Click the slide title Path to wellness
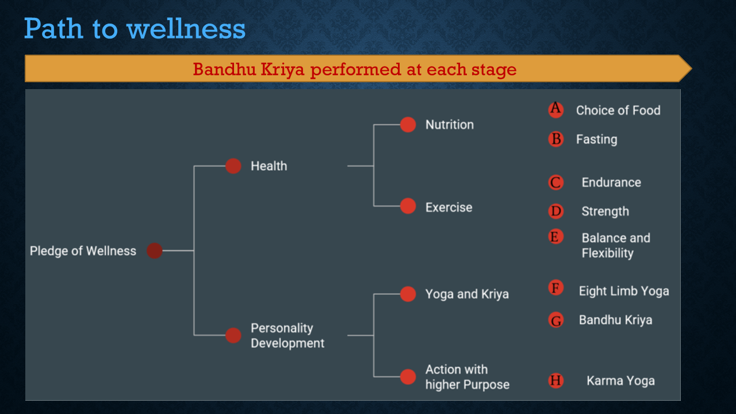click(x=135, y=29)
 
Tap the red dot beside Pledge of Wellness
click(x=155, y=251)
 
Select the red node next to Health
click(x=233, y=166)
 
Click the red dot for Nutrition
click(x=408, y=125)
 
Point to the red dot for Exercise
click(x=408, y=206)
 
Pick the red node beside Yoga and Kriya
click(x=408, y=294)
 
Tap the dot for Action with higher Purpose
click(x=408, y=377)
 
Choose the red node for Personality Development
click(x=233, y=335)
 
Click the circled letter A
click(x=556, y=109)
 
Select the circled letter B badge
click(x=556, y=139)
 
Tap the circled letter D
click(x=556, y=211)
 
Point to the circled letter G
click(x=556, y=320)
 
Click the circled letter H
click(x=556, y=381)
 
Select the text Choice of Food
click(x=618, y=110)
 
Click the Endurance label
click(x=611, y=182)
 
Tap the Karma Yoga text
click(x=620, y=381)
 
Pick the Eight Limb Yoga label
click(x=624, y=291)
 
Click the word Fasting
click(x=597, y=139)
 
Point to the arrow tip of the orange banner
click(x=692, y=68)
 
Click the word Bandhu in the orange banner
click(x=224, y=70)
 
